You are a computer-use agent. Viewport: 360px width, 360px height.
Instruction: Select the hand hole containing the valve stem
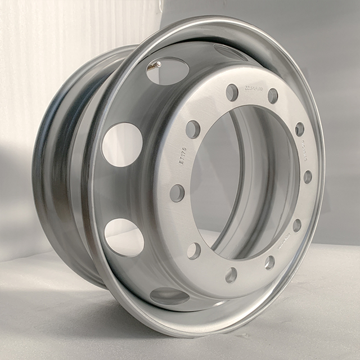[167, 70]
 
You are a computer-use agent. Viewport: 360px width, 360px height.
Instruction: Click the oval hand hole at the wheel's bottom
[169, 296]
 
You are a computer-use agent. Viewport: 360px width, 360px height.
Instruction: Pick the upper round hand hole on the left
[122, 144]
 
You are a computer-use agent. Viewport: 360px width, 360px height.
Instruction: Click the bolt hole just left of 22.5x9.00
[232, 92]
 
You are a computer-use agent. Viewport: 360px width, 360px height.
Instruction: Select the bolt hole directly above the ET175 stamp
[193, 129]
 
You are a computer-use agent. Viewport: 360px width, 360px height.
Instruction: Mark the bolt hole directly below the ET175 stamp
[177, 193]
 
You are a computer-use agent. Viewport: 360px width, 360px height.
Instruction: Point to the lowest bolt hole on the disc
[231, 275]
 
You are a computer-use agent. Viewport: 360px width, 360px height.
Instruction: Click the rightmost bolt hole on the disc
[308, 177]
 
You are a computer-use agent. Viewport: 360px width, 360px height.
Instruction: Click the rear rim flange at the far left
[48, 169]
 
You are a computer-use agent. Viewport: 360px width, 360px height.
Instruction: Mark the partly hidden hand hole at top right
[231, 52]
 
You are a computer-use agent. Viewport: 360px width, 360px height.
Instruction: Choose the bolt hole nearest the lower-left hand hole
[194, 251]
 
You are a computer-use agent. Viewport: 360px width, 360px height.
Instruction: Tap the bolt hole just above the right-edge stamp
[299, 129]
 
